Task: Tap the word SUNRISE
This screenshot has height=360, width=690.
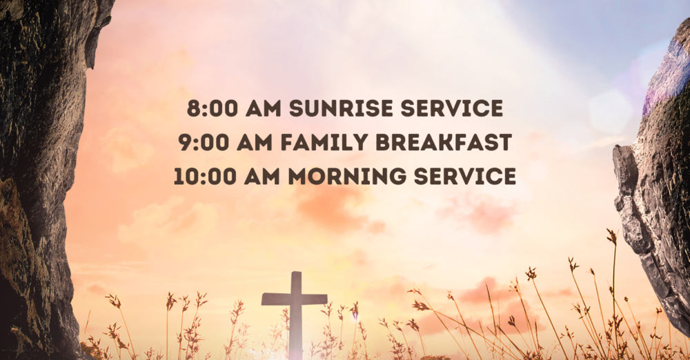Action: pyautogui.click(x=331, y=109)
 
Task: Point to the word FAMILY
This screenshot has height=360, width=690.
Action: pyautogui.click(x=331, y=143)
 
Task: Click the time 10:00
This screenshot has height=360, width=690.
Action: pyautogui.click(x=201, y=177)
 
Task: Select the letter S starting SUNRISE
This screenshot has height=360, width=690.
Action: pyautogui.click(x=295, y=109)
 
